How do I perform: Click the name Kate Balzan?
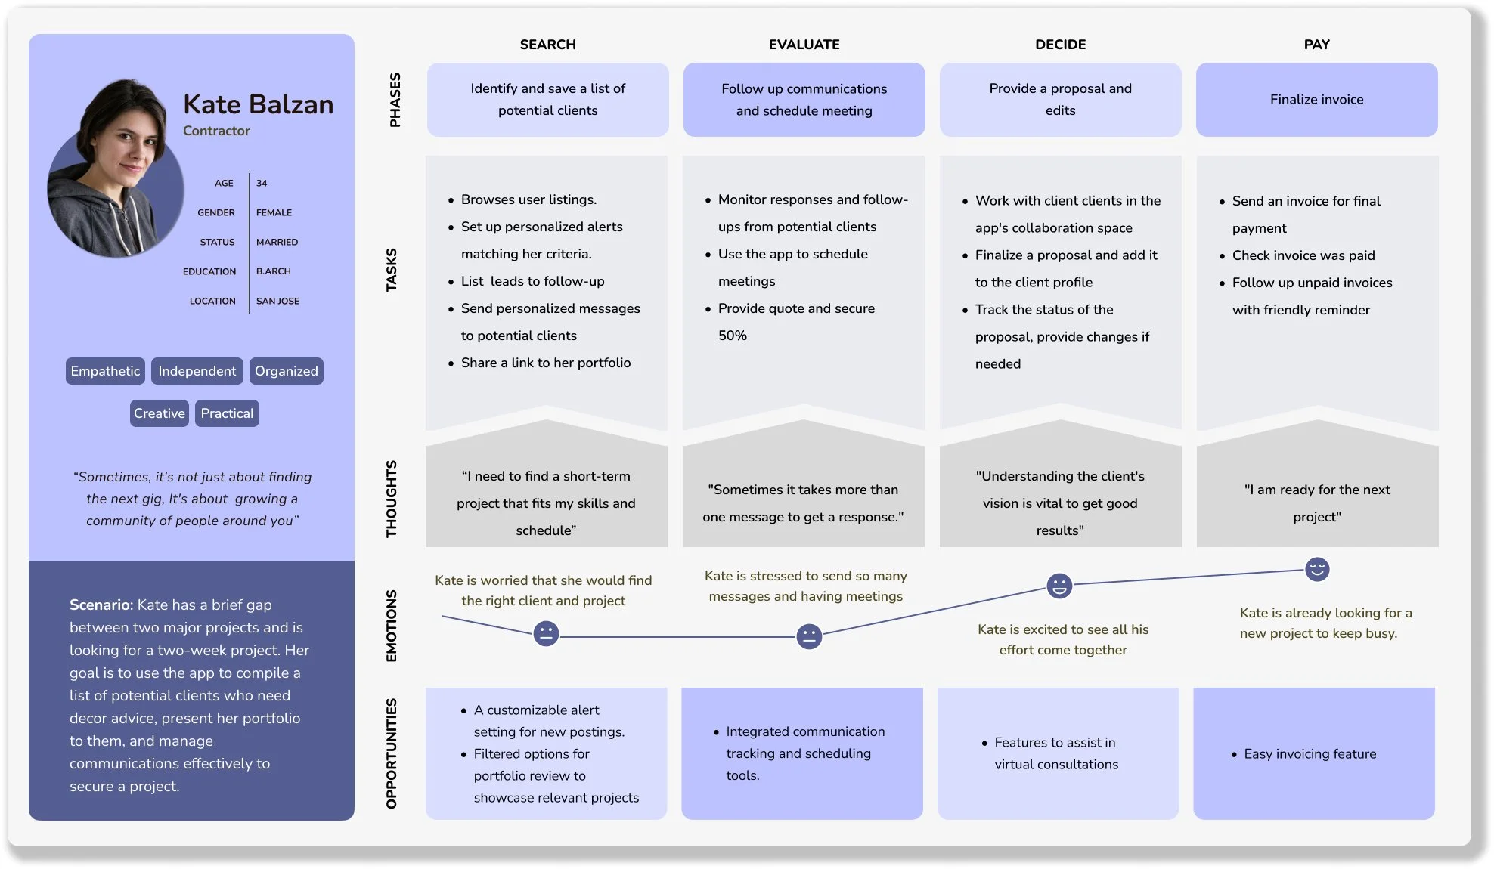tap(258, 104)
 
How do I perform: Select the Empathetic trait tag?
tap(105, 371)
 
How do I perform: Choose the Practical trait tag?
tap(227, 413)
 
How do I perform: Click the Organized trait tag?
tap(286, 371)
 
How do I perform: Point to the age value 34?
tap(262, 183)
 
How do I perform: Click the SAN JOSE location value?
tap(277, 301)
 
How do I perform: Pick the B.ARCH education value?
tap(273, 271)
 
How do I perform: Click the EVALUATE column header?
tap(804, 45)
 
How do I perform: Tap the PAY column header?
tap(1316, 45)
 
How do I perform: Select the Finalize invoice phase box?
tap(1316, 100)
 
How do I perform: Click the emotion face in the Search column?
tap(546, 633)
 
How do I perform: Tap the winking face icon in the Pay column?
tap(1317, 569)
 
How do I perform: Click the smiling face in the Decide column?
tap(1059, 586)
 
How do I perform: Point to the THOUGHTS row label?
tap(391, 499)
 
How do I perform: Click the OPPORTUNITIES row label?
tap(391, 753)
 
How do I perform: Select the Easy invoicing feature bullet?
tap(1310, 754)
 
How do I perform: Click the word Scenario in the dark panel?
tap(99, 605)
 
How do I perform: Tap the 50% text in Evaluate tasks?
tap(732, 336)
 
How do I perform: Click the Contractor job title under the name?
tap(216, 131)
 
